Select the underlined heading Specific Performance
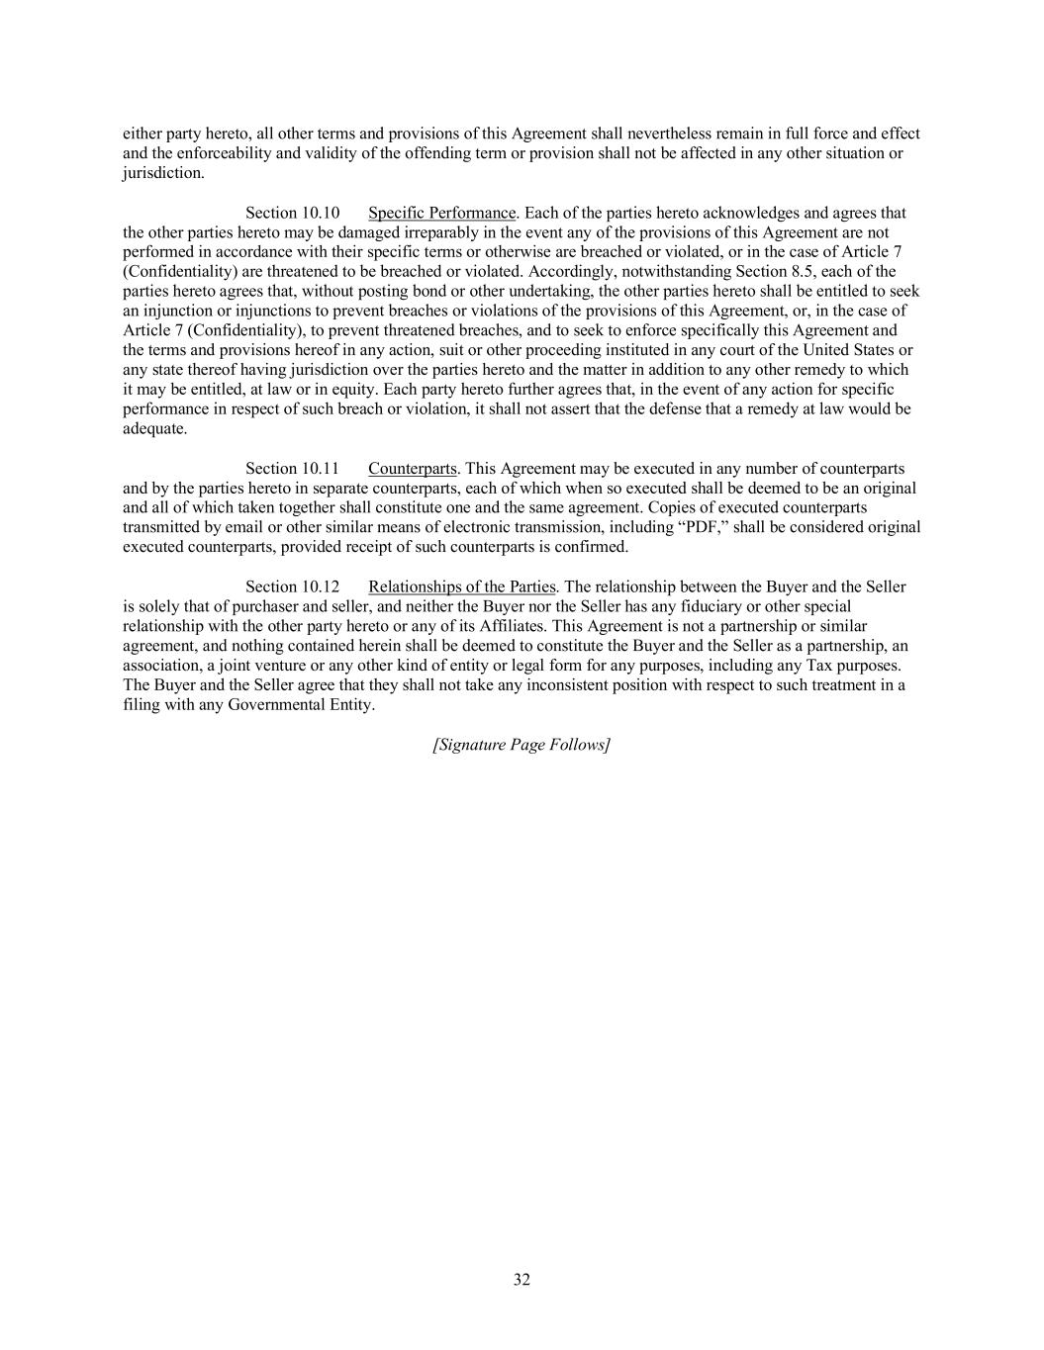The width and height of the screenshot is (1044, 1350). coord(441,213)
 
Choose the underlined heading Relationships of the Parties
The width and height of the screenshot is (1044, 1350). coord(461,586)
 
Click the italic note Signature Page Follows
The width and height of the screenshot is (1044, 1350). coord(522,745)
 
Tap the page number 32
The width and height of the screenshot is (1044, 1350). coord(522,1280)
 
